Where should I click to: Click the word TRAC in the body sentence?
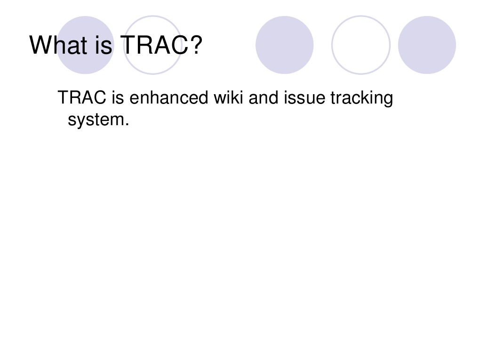(82, 98)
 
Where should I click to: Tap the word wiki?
(229, 98)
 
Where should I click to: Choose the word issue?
(304, 98)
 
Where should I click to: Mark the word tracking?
(361, 99)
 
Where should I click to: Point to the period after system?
(127, 125)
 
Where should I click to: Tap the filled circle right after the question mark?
(284, 45)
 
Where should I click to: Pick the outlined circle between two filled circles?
(360, 45)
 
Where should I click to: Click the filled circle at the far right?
(427, 45)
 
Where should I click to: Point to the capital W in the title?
(40, 45)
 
